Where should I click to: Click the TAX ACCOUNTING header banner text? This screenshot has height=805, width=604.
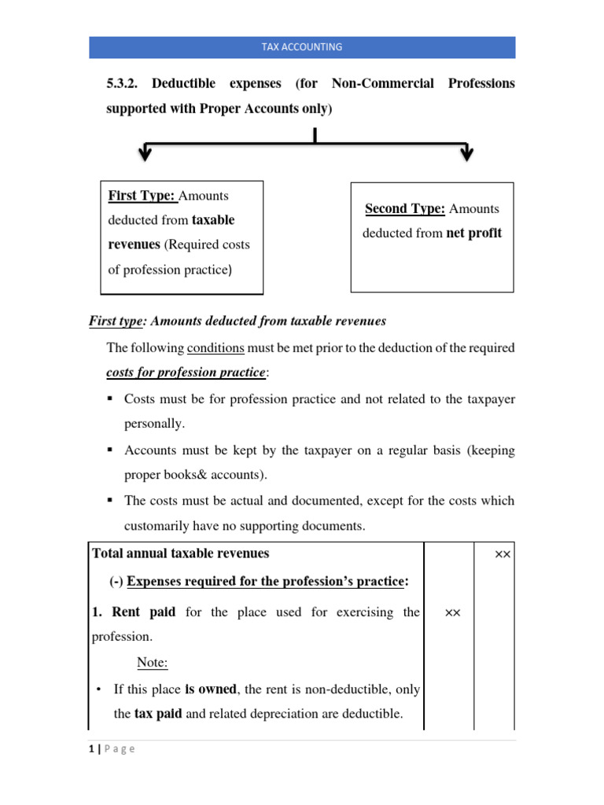point(302,47)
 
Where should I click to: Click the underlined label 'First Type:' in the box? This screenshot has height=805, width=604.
point(143,196)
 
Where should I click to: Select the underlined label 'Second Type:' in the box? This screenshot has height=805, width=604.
point(405,208)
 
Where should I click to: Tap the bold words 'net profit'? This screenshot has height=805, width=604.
point(473,233)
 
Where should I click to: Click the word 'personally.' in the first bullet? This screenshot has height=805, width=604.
point(154,423)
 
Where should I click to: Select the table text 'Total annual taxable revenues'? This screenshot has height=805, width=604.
point(181,553)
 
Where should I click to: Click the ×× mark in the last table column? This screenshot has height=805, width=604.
point(503,554)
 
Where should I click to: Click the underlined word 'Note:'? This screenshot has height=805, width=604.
point(153,663)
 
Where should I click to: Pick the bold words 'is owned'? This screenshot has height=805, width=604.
point(210,689)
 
